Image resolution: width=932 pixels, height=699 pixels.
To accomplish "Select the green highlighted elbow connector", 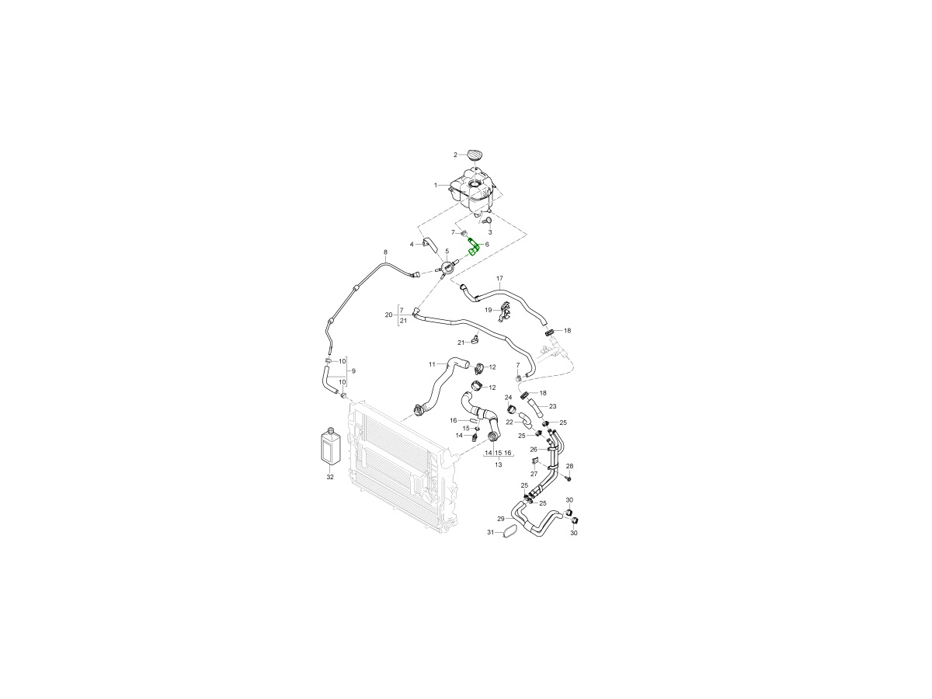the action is point(473,248).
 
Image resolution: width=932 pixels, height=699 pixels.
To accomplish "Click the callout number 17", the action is point(499,278).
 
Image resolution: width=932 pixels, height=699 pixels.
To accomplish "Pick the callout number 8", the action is point(385,252).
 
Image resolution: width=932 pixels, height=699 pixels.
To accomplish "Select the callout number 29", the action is point(501,519).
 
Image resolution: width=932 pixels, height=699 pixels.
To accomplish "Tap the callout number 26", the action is point(534,450).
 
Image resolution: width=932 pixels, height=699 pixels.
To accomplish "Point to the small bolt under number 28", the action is point(569,479).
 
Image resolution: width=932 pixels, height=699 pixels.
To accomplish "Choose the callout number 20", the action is point(388,315).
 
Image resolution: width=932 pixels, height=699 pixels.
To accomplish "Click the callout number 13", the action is point(499,464).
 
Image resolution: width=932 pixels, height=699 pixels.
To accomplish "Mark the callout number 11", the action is point(433,364).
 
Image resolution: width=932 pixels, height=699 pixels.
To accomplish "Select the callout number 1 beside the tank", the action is point(435,186).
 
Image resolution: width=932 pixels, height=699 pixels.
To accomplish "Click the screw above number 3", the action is point(488,221).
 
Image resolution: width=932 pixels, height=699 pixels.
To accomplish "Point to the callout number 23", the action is point(552,406).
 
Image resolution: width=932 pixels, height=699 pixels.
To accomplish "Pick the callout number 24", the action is point(508,397).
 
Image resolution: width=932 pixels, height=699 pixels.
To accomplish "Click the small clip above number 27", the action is point(535,461).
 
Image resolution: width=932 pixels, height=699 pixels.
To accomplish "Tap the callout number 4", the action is point(412,245).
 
